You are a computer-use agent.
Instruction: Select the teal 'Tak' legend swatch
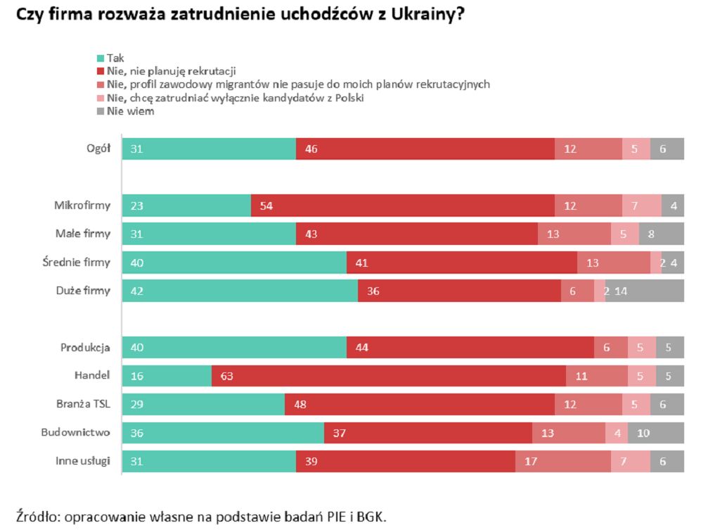(101, 58)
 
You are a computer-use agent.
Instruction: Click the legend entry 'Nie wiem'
(130, 111)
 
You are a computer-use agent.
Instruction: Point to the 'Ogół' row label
(98, 149)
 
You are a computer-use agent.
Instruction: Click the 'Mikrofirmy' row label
(82, 206)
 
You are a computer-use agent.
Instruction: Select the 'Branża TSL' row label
(84, 405)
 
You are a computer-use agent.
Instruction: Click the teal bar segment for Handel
(167, 377)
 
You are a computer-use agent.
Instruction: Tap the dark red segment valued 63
(388, 377)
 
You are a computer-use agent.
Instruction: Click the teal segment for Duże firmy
(240, 291)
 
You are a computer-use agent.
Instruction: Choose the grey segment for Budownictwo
(655, 433)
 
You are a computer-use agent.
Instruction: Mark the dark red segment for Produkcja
(470, 348)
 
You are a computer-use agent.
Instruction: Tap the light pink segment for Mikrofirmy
(641, 206)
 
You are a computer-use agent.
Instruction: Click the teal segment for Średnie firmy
(234, 263)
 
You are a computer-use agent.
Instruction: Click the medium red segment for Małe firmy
(574, 234)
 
